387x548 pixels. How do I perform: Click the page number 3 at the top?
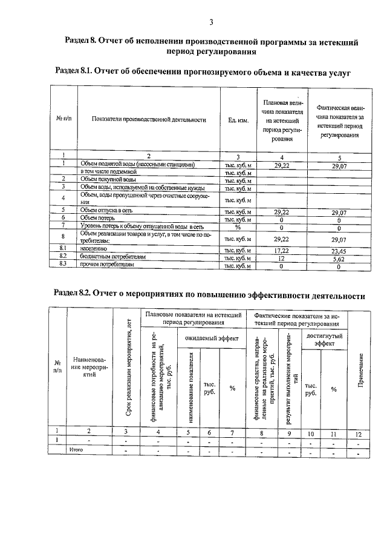(x=211, y=22)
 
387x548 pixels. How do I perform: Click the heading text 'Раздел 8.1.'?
(x=81, y=72)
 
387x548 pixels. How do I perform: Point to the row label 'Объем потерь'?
(x=98, y=218)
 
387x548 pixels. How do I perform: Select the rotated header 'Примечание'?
(x=361, y=371)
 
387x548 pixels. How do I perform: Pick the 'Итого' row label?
(x=76, y=450)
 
